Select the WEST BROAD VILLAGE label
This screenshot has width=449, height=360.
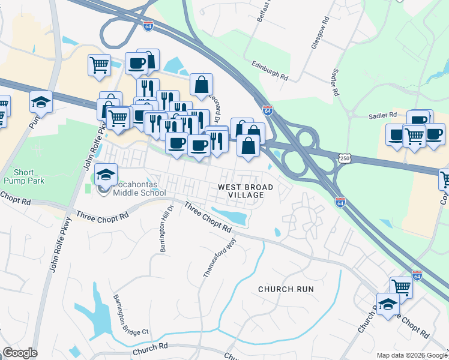245,192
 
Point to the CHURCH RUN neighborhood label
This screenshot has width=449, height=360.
286,289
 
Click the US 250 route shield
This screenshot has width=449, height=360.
344,158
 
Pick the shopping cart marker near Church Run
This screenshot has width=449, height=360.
401,287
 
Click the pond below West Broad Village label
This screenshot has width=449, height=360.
231,216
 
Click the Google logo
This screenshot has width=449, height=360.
19,353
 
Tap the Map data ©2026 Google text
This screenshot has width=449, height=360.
412,355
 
